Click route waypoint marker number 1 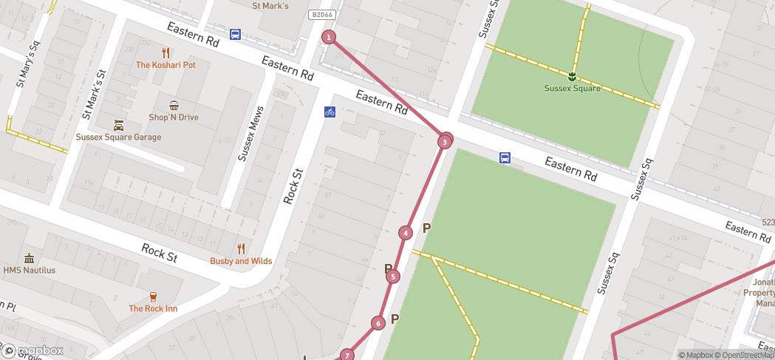pyautogui.click(x=329, y=37)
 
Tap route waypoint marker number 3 pyautogui.click(x=445, y=141)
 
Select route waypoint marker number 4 pyautogui.click(x=406, y=233)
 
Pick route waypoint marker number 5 pyautogui.click(x=393, y=276)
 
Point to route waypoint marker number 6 pyautogui.click(x=378, y=323)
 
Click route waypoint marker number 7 pyautogui.click(x=347, y=356)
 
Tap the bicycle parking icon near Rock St pyautogui.click(x=330, y=112)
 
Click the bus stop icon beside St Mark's pyautogui.click(x=235, y=34)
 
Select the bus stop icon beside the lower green pyautogui.click(x=505, y=157)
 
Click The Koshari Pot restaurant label pyautogui.click(x=165, y=65)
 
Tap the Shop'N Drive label pyautogui.click(x=174, y=117)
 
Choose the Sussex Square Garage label pyautogui.click(x=118, y=137)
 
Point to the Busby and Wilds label pyautogui.click(x=241, y=261)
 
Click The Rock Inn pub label pyautogui.click(x=153, y=308)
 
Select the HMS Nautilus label pyautogui.click(x=30, y=270)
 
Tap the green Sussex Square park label pyautogui.click(x=572, y=88)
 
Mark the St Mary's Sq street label pyautogui.click(x=27, y=66)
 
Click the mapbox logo pyautogui.click(x=33, y=350)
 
